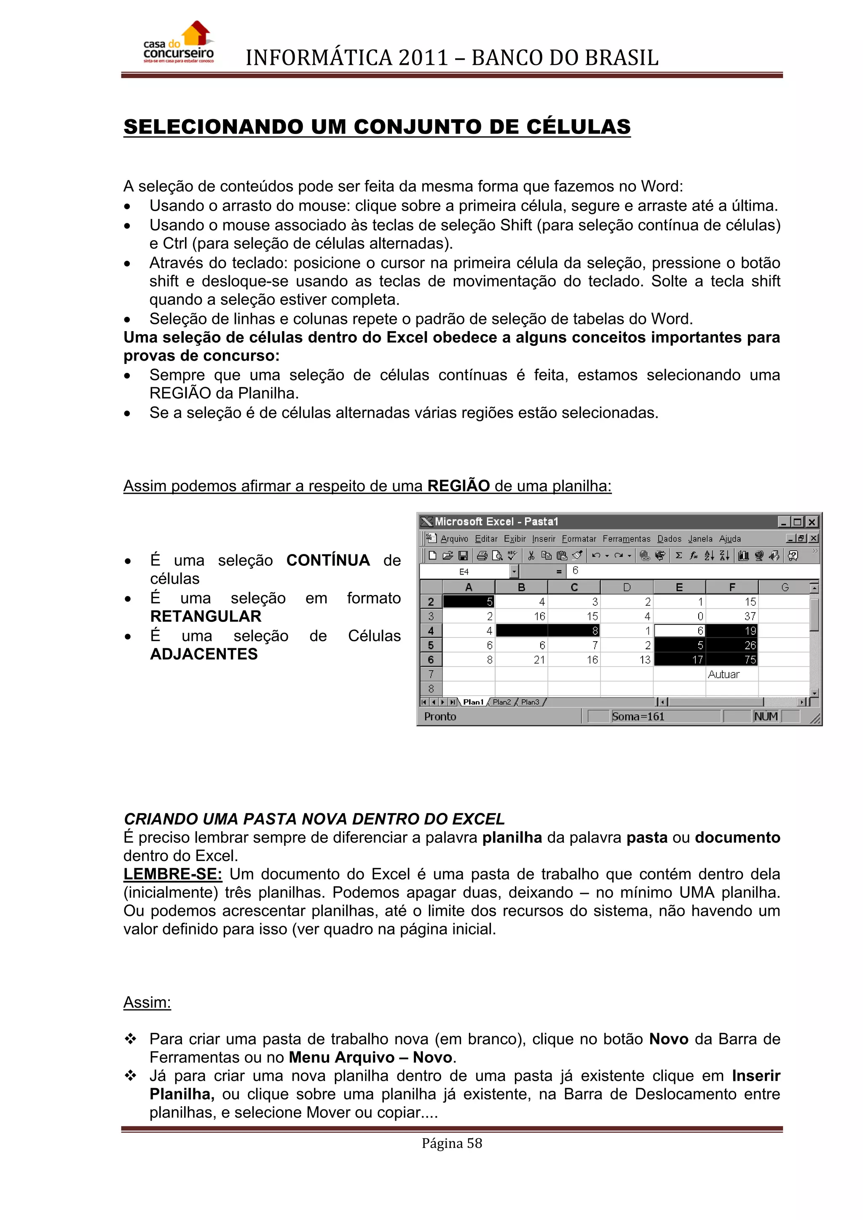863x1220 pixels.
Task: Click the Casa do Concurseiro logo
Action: click(x=179, y=43)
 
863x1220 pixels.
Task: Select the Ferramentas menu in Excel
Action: click(x=626, y=539)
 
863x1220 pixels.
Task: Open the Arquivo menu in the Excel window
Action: click(x=454, y=539)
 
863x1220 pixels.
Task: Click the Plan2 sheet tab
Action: click(x=501, y=702)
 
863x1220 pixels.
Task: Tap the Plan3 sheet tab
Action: click(x=530, y=702)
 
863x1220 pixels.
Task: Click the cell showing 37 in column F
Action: click(x=732, y=616)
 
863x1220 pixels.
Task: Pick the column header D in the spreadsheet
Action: click(x=627, y=587)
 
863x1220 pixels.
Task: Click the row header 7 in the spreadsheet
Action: click(x=431, y=674)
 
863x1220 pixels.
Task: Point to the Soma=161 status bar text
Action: click(x=638, y=716)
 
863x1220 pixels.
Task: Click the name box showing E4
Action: click(x=464, y=572)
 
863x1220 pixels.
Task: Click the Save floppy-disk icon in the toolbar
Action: click(x=463, y=556)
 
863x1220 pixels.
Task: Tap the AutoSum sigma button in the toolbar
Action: click(x=678, y=556)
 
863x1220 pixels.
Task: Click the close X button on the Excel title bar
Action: click(x=812, y=522)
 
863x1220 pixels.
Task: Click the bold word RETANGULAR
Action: click(x=206, y=616)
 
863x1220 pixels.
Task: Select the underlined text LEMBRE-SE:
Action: click(x=173, y=874)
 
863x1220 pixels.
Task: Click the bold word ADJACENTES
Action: click(x=204, y=654)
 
